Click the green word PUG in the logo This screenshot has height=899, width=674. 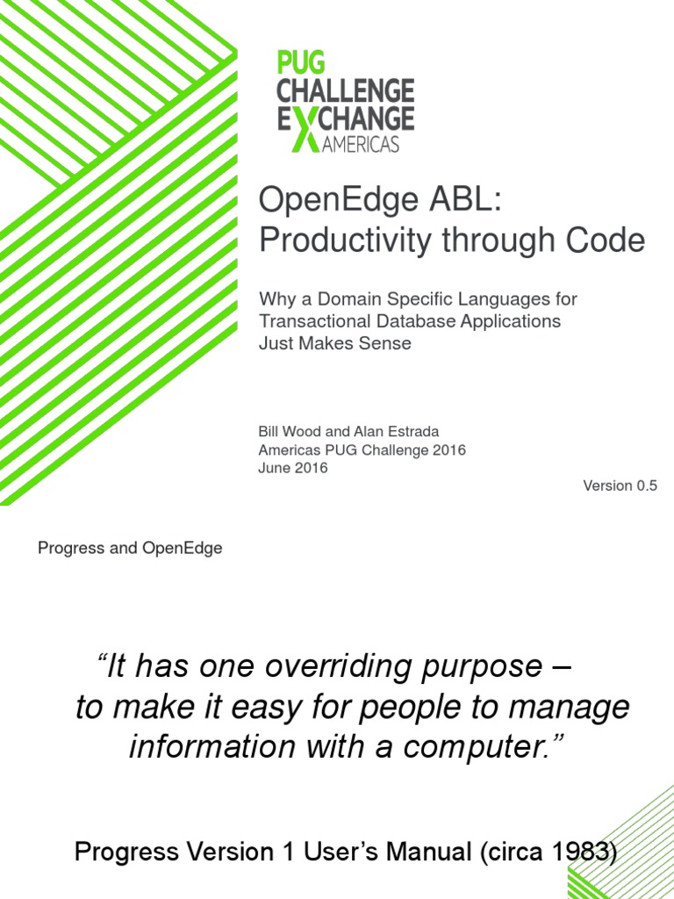click(301, 63)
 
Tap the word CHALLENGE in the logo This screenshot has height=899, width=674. click(346, 90)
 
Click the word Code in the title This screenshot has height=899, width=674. click(606, 241)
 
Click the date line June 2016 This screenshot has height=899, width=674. click(293, 468)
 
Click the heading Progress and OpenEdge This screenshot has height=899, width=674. click(130, 549)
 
